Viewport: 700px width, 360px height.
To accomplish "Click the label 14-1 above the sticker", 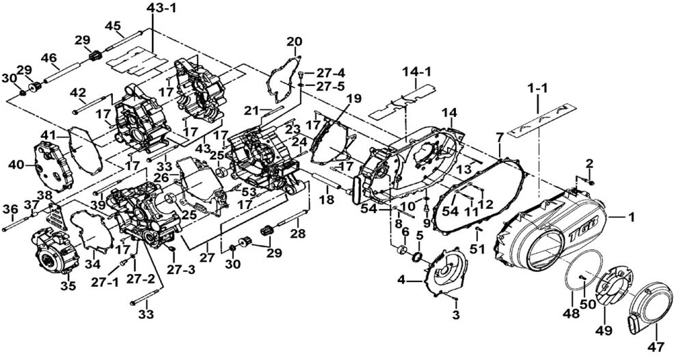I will point(416,72).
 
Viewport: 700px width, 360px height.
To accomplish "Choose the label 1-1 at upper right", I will point(538,88).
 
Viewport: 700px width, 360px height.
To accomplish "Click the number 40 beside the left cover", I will point(16,164).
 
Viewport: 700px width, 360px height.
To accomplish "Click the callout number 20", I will point(294,42).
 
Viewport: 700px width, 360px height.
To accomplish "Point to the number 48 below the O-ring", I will point(571,314).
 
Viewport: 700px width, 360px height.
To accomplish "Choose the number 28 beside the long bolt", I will point(298,234).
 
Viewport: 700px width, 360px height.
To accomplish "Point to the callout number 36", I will point(10,209).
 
